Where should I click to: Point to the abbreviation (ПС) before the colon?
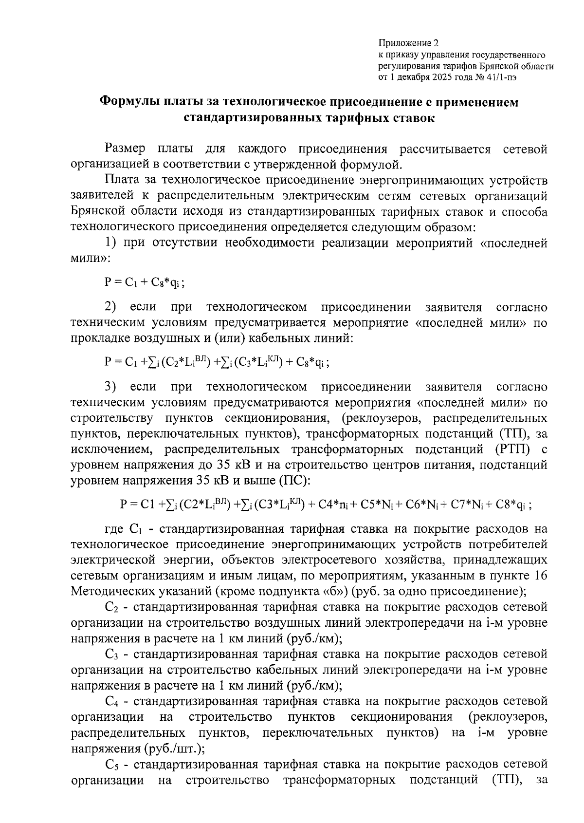(292, 481)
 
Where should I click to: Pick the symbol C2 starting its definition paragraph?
(112, 608)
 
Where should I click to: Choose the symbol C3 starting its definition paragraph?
(112, 655)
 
